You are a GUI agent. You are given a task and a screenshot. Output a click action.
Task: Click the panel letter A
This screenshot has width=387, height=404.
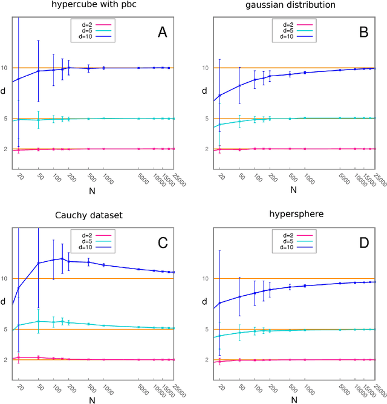pyautogui.click(x=161, y=33)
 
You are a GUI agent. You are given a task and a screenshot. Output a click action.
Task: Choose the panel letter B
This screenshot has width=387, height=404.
pyautogui.click(x=363, y=33)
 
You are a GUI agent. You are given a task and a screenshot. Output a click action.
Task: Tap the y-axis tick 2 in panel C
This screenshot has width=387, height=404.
pyautogui.click(x=6, y=360)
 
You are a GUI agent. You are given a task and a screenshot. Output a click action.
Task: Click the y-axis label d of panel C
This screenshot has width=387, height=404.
pyautogui.click(x=4, y=301)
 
